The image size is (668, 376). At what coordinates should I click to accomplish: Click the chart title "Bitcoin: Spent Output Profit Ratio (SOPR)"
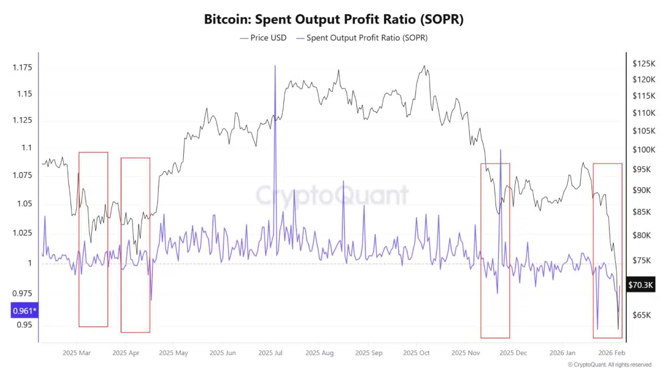tap(333, 20)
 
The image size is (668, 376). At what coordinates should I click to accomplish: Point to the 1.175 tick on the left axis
tap(21, 68)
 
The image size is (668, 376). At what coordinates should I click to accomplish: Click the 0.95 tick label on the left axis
tap(25, 325)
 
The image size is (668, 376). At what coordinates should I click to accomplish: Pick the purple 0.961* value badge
tap(25, 312)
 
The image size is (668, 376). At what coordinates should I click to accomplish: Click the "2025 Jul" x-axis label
tap(270, 353)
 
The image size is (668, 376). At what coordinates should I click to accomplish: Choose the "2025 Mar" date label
tap(76, 353)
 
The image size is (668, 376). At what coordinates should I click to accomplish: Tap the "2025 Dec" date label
tap(513, 353)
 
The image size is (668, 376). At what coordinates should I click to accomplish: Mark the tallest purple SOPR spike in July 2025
tap(275, 66)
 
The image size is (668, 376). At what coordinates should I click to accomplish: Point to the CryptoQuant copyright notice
tap(609, 365)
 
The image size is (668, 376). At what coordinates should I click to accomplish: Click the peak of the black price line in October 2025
tap(424, 66)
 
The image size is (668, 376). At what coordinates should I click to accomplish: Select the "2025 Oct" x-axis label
tap(416, 353)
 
